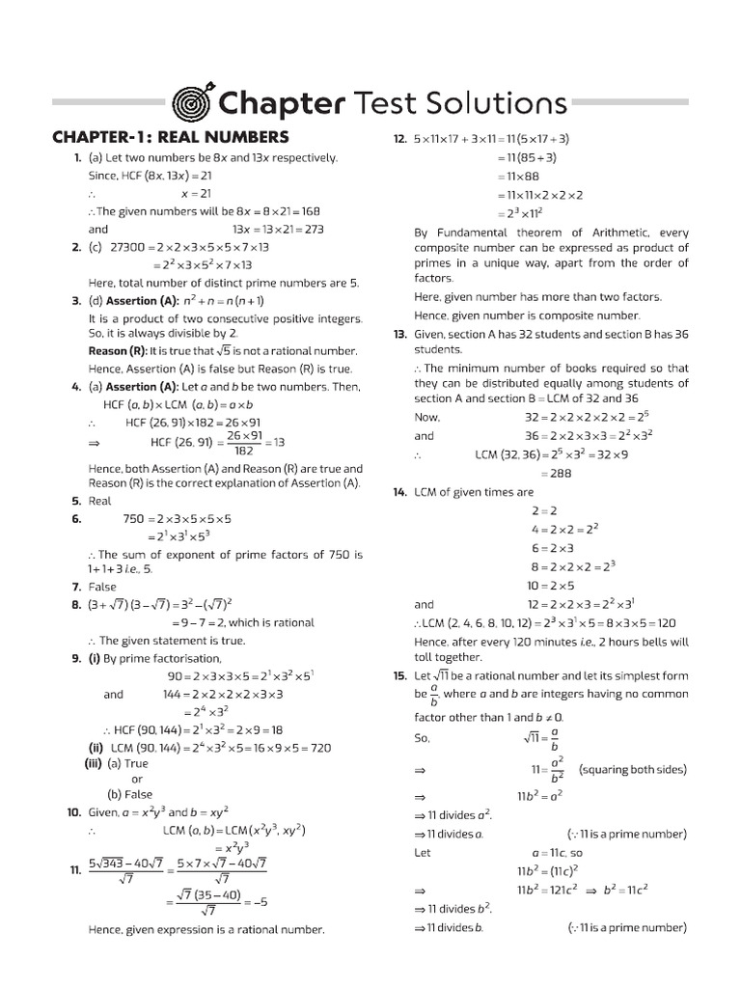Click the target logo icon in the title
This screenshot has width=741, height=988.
tap(192, 101)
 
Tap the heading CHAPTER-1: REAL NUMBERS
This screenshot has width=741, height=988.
tap(170, 137)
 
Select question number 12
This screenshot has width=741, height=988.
tap(399, 139)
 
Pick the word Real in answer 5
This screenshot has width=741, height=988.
tap(100, 501)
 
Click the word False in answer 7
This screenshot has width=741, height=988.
tap(102, 587)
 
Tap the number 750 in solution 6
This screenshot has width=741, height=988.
tap(134, 519)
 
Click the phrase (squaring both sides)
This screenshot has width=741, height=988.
tap(632, 770)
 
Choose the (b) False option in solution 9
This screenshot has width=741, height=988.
tap(130, 795)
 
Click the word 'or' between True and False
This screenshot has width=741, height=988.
tap(137, 779)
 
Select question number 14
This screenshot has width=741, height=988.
tap(399, 492)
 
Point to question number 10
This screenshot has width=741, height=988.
tap(73, 812)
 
